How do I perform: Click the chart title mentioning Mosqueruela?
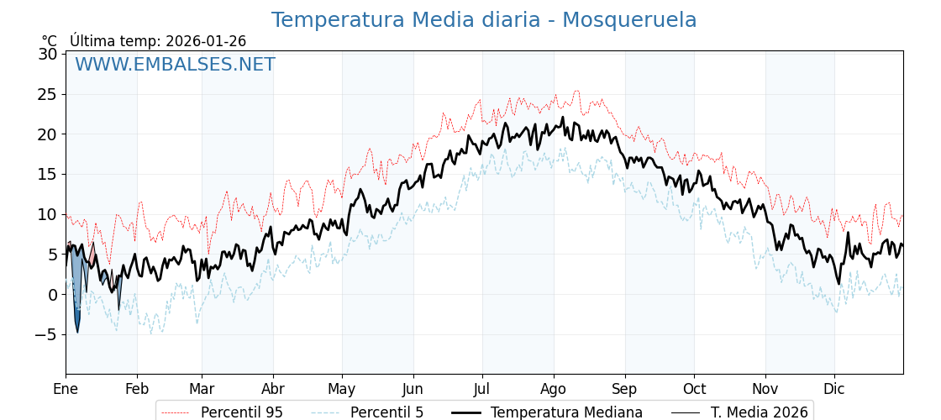483,20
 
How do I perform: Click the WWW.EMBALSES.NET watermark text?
175,65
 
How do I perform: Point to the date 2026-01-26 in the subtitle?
206,41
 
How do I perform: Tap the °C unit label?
49,41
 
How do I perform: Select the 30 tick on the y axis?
48,54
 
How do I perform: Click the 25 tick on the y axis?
48,94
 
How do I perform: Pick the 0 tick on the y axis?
52,294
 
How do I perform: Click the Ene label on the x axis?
66,389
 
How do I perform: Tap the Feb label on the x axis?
137,389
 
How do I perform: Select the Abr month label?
273,389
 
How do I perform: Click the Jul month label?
482,389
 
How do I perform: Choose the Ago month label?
554,389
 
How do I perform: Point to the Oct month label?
694,389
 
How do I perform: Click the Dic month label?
834,389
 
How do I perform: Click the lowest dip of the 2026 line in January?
77,332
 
